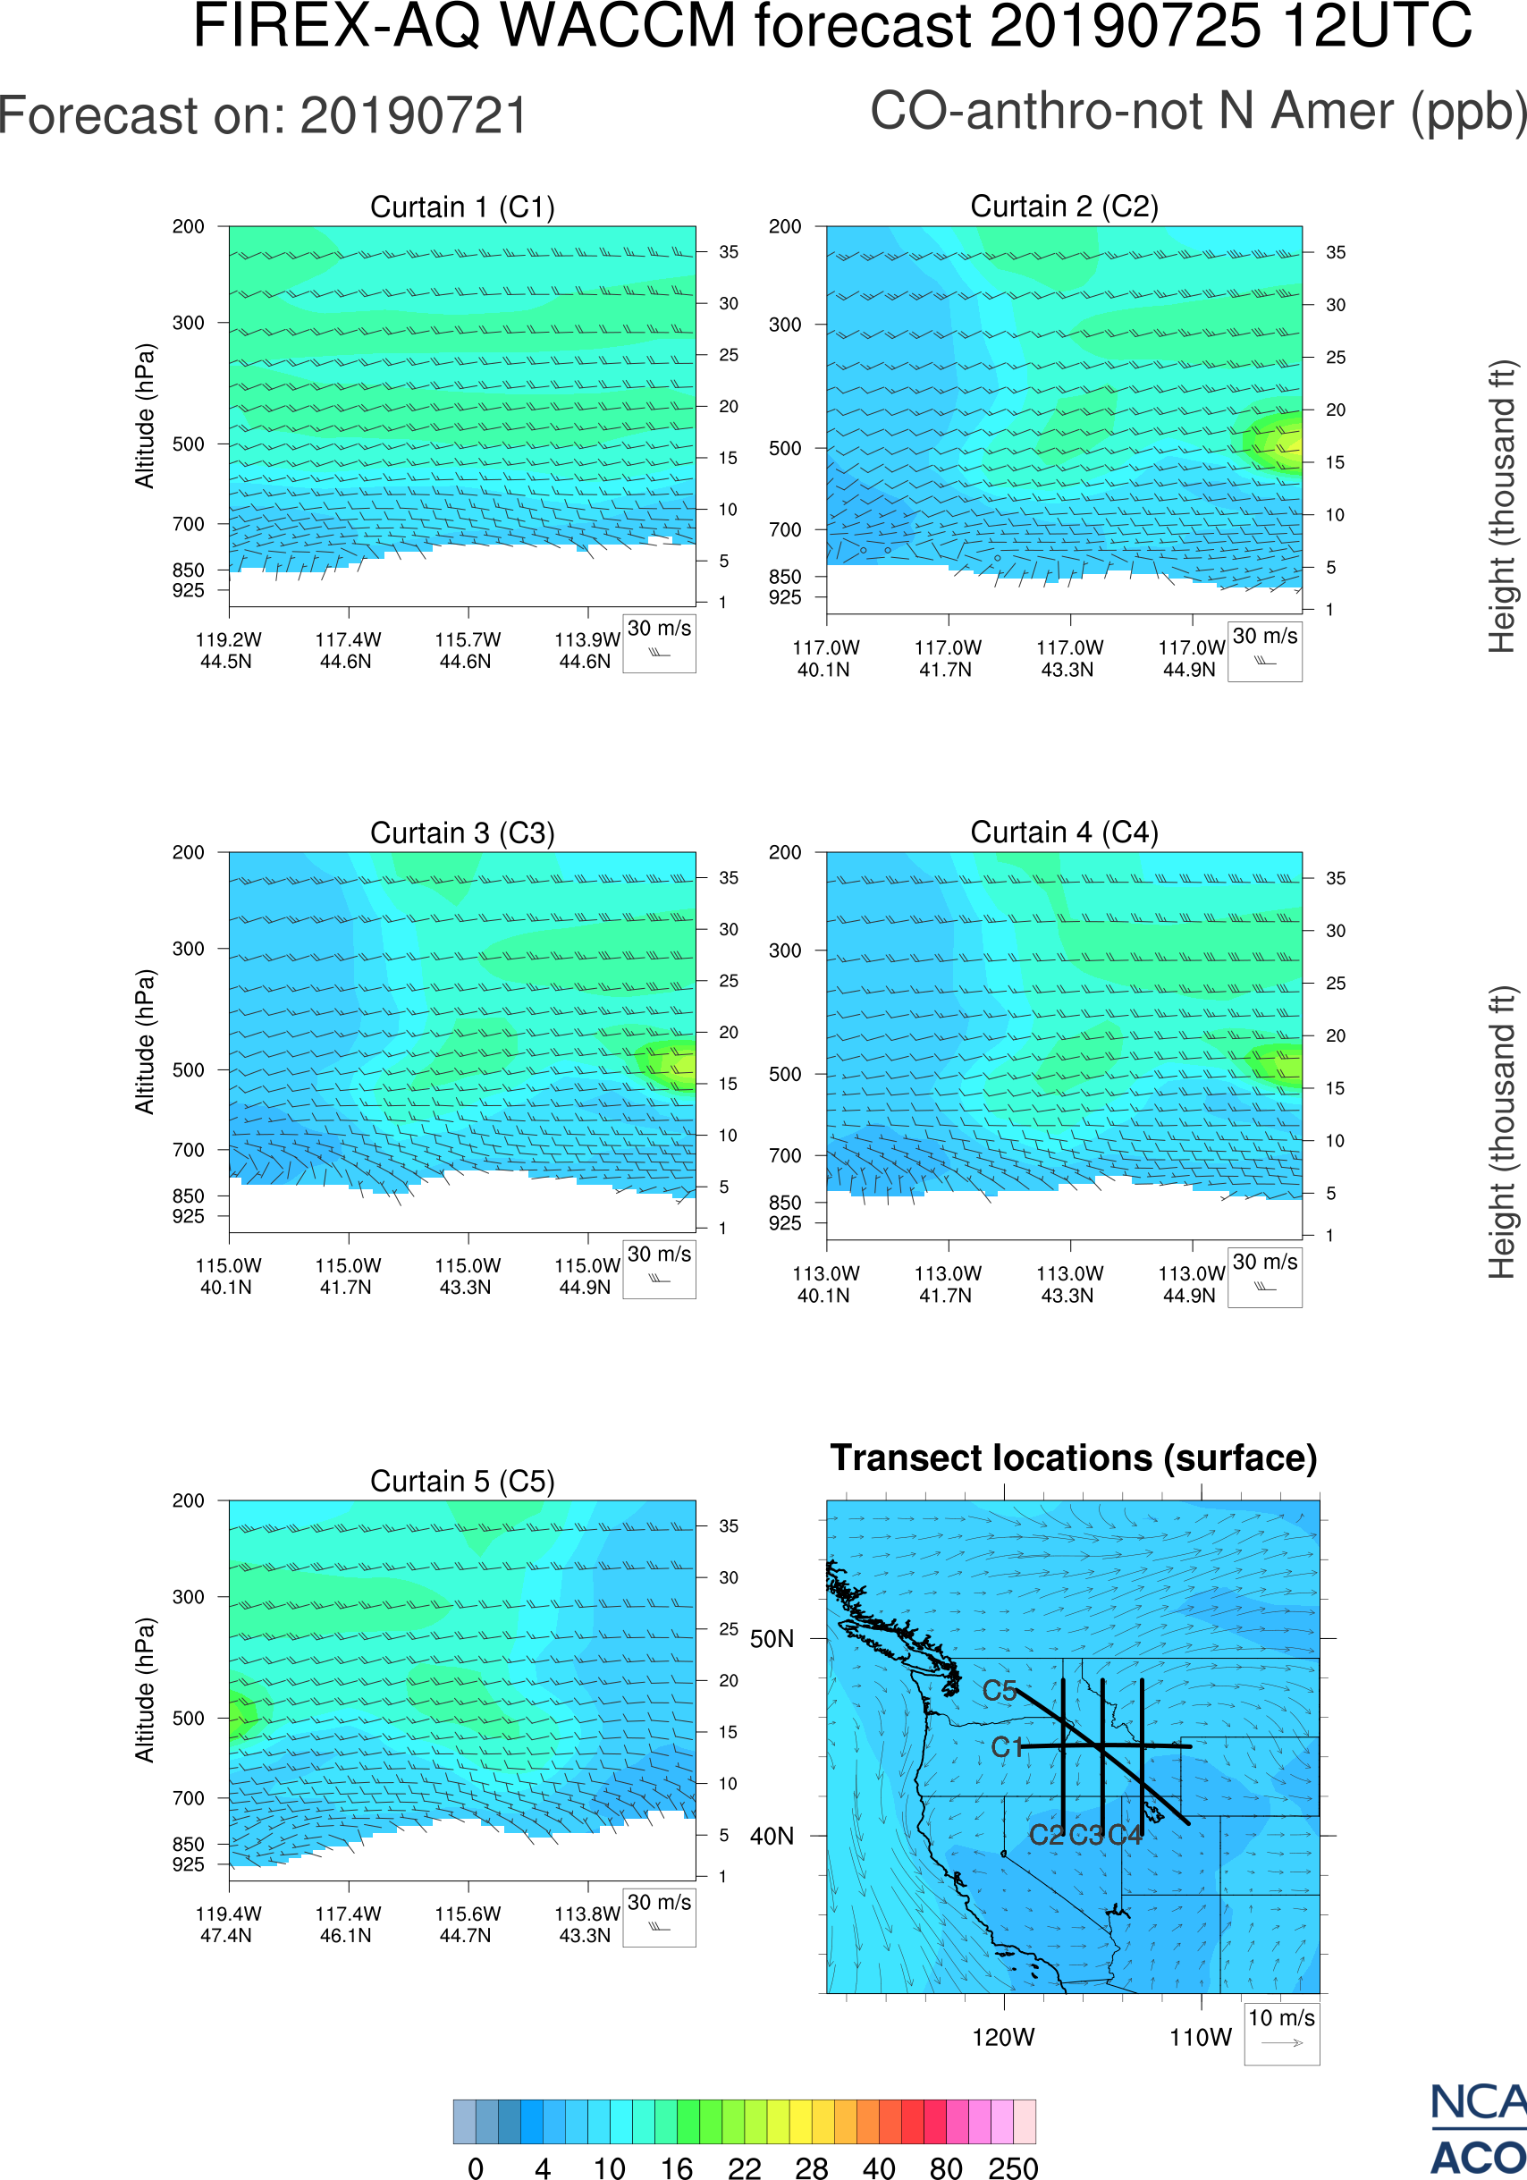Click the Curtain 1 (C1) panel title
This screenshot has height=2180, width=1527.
462,207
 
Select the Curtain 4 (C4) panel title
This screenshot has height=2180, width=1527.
1064,832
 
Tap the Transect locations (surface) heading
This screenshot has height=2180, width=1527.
1074,1458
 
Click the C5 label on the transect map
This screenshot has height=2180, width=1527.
1000,1691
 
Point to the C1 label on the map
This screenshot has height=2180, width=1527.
1007,1748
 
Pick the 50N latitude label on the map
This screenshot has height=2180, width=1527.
772,1640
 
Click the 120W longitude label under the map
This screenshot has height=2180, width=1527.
1003,2038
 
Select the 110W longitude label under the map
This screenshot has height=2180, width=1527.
1201,2038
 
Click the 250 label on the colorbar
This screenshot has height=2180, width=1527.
1013,2167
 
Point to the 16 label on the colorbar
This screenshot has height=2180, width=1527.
677,2167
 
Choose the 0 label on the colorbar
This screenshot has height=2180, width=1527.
476,2167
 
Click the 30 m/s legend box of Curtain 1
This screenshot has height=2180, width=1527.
659,643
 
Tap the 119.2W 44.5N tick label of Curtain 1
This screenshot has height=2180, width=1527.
228,650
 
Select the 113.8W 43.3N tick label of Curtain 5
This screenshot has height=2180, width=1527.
586,1924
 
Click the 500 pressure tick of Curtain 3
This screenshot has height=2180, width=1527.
188,1070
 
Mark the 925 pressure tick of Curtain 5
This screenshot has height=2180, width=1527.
188,1864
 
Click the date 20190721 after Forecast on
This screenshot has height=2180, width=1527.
414,116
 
